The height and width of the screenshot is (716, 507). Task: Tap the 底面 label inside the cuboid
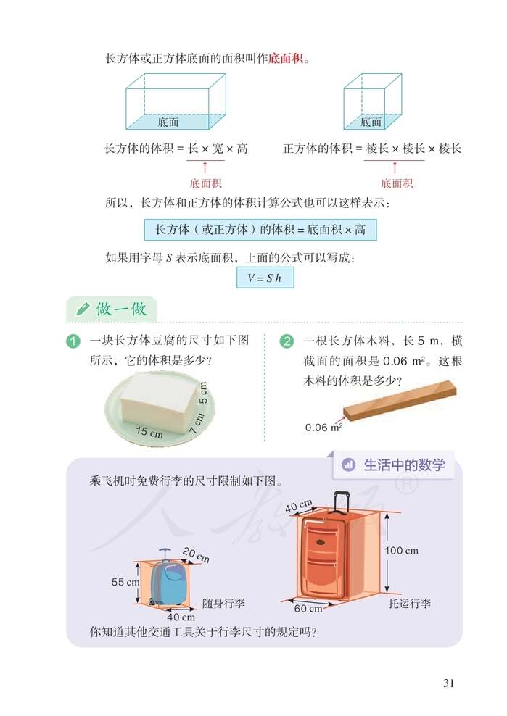[168, 122]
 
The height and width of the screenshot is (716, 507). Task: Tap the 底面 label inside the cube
[371, 122]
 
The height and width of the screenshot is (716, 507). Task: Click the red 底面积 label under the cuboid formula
[205, 183]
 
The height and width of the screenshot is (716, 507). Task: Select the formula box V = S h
[265, 278]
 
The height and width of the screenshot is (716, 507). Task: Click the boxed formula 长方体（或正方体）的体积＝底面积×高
[260, 230]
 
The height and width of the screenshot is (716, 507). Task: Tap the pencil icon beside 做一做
[83, 309]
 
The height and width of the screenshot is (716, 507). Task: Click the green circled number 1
[73, 341]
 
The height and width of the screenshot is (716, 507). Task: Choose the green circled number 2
[287, 341]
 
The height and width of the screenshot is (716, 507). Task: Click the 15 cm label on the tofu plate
[149, 432]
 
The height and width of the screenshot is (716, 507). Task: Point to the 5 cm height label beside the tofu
[203, 392]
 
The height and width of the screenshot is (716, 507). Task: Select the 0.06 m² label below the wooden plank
[323, 427]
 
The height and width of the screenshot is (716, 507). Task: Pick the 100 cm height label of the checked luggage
[401, 551]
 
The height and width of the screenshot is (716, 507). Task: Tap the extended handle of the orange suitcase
[340, 502]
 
